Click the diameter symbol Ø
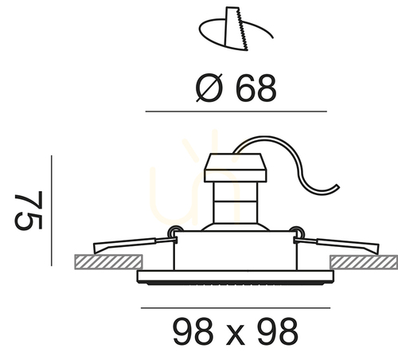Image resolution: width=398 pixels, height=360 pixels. (x=209, y=88)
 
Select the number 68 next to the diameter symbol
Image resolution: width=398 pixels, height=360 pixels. (x=256, y=88)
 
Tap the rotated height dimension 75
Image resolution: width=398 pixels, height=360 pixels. (x=29, y=210)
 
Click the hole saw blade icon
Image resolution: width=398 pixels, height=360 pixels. (x=236, y=29)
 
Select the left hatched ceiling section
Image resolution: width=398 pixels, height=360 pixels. (x=108, y=262)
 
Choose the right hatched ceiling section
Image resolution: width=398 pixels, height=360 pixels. (x=364, y=262)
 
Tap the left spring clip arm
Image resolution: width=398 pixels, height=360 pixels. (x=134, y=245)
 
